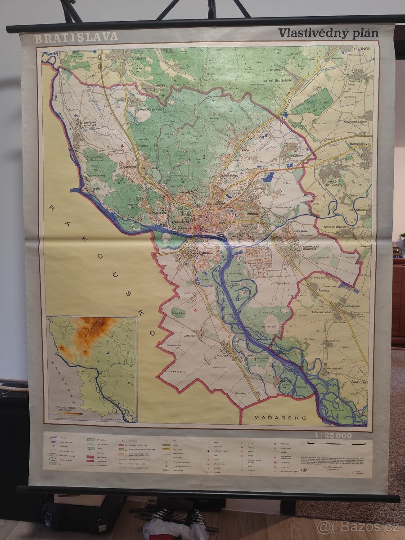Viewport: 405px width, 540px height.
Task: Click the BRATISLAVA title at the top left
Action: (76, 38)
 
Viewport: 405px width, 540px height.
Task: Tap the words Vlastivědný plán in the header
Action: (328, 33)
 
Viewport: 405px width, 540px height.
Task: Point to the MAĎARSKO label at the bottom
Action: (280, 418)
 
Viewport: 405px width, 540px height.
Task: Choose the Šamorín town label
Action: (358, 382)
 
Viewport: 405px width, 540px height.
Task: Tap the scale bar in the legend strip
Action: (333, 444)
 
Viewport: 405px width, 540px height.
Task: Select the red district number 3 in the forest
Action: (203, 157)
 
